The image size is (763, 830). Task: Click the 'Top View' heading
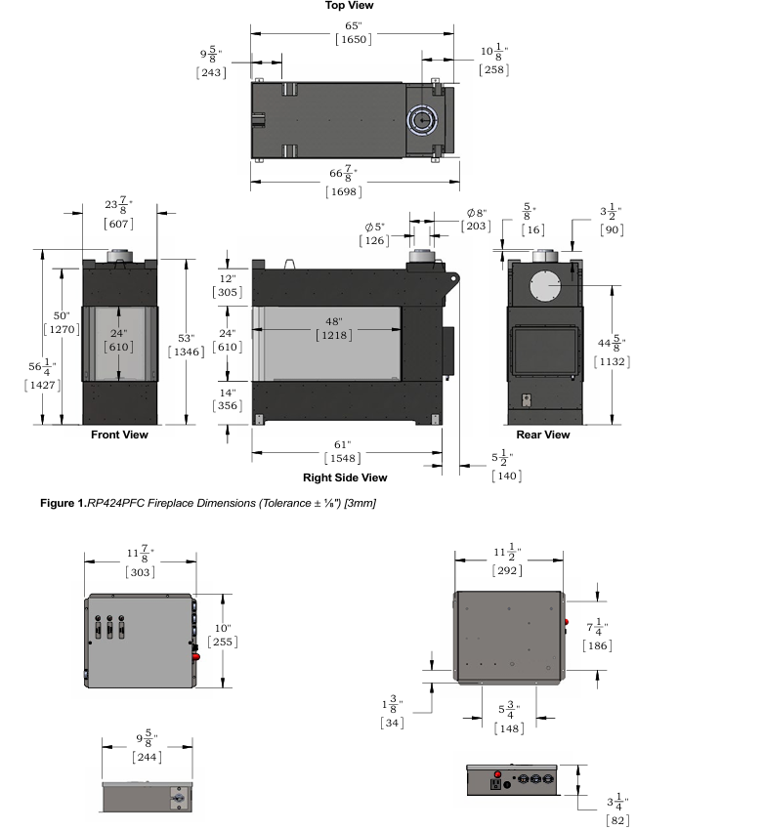[349, 6]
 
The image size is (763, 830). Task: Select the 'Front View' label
[119, 435]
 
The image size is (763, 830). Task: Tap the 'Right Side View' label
[345, 477]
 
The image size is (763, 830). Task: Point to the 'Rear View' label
[542, 435]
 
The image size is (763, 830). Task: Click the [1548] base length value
[345, 457]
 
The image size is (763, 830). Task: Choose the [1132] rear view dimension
[614, 361]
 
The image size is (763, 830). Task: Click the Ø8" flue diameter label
[477, 213]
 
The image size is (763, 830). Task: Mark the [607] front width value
[118, 224]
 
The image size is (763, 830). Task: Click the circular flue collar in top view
[421, 119]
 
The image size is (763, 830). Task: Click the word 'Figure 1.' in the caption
[60, 503]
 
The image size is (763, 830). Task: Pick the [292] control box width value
[508, 569]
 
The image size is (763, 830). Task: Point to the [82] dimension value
[617, 822]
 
